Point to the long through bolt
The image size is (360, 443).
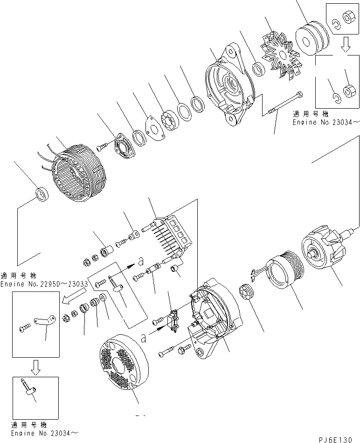pos(284,104)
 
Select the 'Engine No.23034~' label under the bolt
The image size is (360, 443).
pos(326,122)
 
